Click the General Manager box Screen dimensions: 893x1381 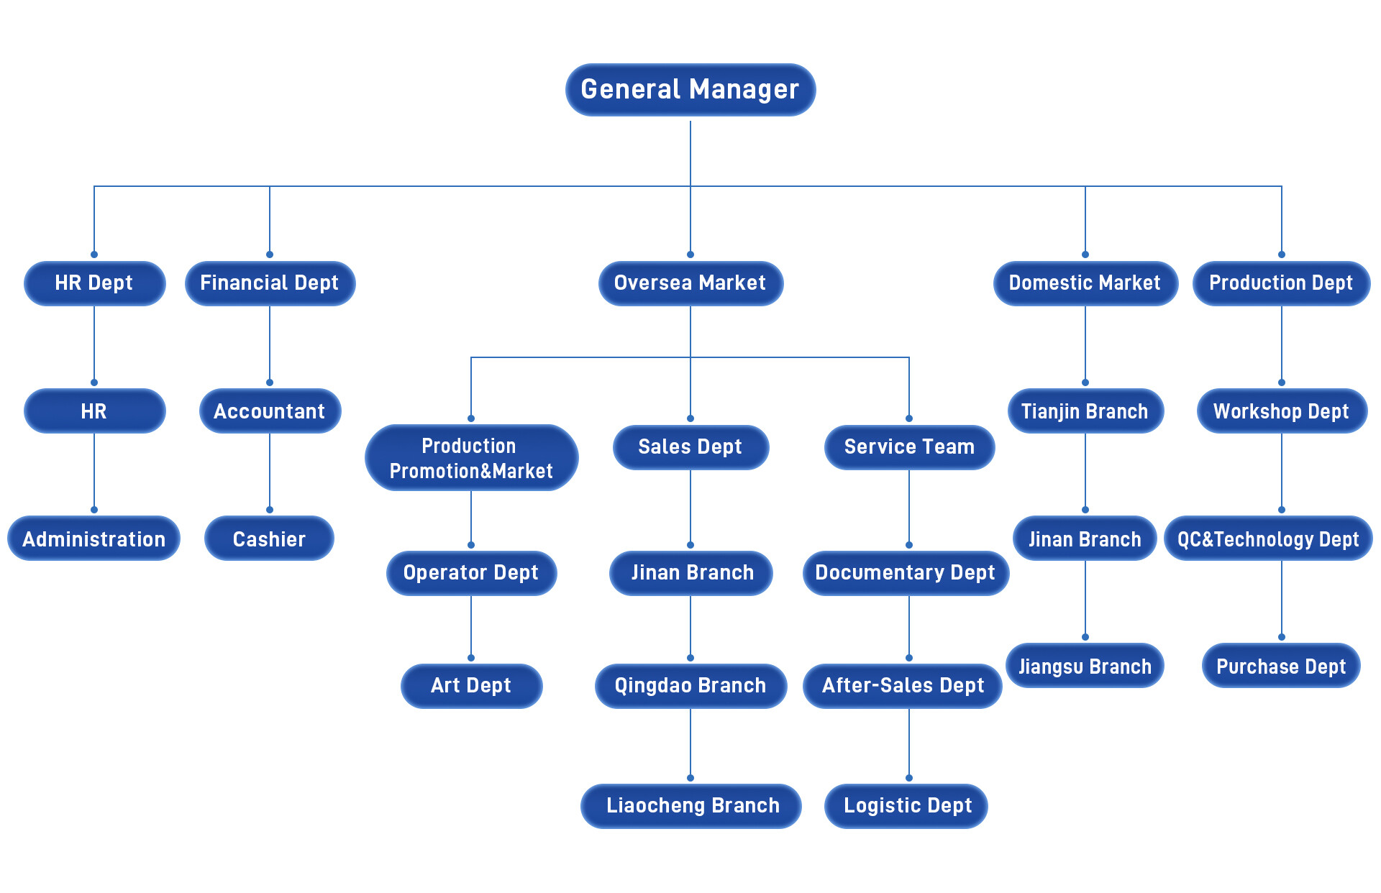click(x=690, y=90)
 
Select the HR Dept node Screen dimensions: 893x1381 click(x=94, y=283)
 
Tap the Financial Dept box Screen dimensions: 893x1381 click(x=270, y=283)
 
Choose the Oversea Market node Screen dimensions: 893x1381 click(x=690, y=283)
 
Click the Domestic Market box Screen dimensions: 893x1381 click(x=1085, y=283)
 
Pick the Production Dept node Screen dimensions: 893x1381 click(x=1281, y=283)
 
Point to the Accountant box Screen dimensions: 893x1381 click(x=270, y=411)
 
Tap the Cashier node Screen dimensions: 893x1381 click(x=270, y=539)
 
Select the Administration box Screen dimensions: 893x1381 click(x=94, y=539)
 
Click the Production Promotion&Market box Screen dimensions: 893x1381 click(x=471, y=458)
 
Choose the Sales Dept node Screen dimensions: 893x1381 click(x=690, y=447)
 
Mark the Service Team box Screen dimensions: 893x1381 click(x=909, y=447)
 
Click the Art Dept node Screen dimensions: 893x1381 click(x=471, y=686)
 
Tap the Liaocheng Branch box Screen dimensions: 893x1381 click(x=691, y=806)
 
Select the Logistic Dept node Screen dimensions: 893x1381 click(x=907, y=806)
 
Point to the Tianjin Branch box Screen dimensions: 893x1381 click(x=1085, y=411)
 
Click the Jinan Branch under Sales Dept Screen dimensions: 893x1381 click(x=691, y=573)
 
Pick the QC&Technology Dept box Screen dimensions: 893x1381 click(x=1268, y=539)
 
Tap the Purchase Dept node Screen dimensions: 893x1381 click(x=1281, y=666)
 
